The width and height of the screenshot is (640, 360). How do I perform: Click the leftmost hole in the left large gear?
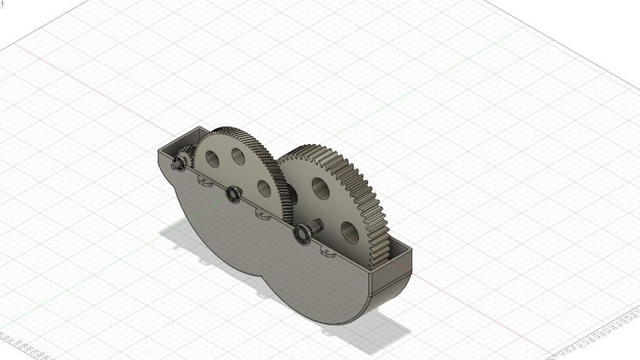[212, 159]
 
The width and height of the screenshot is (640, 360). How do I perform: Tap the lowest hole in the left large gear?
[264, 189]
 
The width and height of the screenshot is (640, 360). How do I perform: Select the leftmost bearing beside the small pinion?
[181, 162]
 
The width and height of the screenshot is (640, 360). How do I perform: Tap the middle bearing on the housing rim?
[233, 194]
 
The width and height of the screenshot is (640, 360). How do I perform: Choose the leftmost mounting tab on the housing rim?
[204, 180]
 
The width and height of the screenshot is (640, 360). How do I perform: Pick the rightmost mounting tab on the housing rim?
[328, 251]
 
